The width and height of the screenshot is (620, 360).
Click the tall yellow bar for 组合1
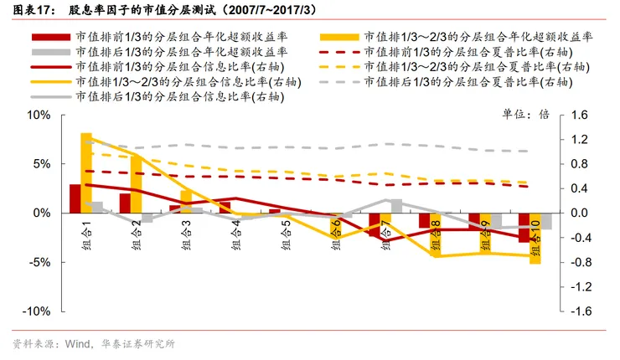point(86,172)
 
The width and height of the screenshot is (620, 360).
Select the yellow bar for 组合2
point(136,184)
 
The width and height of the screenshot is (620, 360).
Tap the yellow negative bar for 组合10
point(535,239)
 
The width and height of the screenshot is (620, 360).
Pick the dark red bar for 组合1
point(75,198)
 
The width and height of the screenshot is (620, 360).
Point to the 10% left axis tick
point(39,116)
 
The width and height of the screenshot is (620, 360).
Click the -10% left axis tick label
point(36,311)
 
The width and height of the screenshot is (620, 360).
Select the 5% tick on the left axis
point(42,164)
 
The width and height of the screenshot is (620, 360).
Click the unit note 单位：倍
point(524,114)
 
